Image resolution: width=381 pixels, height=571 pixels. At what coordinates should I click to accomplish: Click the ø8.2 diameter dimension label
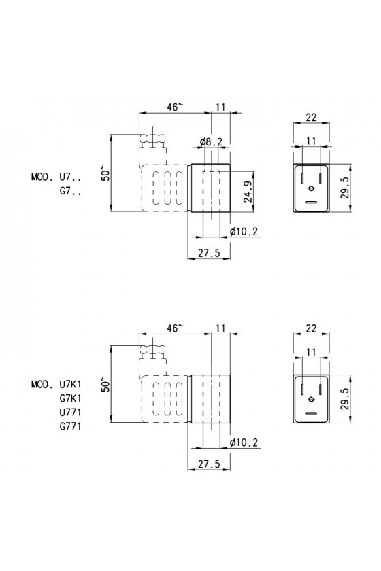tap(211, 141)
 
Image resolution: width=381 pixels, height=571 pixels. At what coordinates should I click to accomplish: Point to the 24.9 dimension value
tap(248, 192)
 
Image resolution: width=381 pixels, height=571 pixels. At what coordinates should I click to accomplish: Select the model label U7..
tap(70, 177)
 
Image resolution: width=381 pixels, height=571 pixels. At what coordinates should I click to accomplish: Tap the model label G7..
tap(70, 192)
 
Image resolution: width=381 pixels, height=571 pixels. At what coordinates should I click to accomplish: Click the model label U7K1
tap(70, 384)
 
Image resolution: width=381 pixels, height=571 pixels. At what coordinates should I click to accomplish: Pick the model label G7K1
tap(70, 398)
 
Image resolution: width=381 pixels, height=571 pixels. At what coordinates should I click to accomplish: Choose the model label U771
tap(70, 412)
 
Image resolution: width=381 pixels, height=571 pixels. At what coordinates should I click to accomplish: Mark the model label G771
tap(70, 426)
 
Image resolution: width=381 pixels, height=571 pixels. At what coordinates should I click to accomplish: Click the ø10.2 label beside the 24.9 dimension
tap(244, 231)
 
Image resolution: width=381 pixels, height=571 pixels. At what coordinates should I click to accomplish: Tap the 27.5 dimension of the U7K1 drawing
tap(209, 464)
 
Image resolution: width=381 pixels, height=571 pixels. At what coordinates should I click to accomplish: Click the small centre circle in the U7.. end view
tap(311, 188)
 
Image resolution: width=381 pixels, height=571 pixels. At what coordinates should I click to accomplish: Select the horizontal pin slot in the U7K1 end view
tap(311, 413)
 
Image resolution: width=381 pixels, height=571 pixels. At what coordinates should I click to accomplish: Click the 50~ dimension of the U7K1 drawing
tap(105, 384)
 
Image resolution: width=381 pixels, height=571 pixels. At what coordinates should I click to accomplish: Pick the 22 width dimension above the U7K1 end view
tap(311, 328)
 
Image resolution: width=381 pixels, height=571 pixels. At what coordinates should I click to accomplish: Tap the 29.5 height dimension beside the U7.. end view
tap(344, 188)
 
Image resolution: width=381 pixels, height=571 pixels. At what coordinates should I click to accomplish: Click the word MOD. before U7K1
tap(42, 384)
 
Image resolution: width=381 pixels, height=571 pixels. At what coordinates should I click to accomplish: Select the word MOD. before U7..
tap(42, 177)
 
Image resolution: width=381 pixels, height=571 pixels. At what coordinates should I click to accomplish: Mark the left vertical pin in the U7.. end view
tap(302, 178)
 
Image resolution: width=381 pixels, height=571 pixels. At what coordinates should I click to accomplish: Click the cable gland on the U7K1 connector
tap(153, 351)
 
